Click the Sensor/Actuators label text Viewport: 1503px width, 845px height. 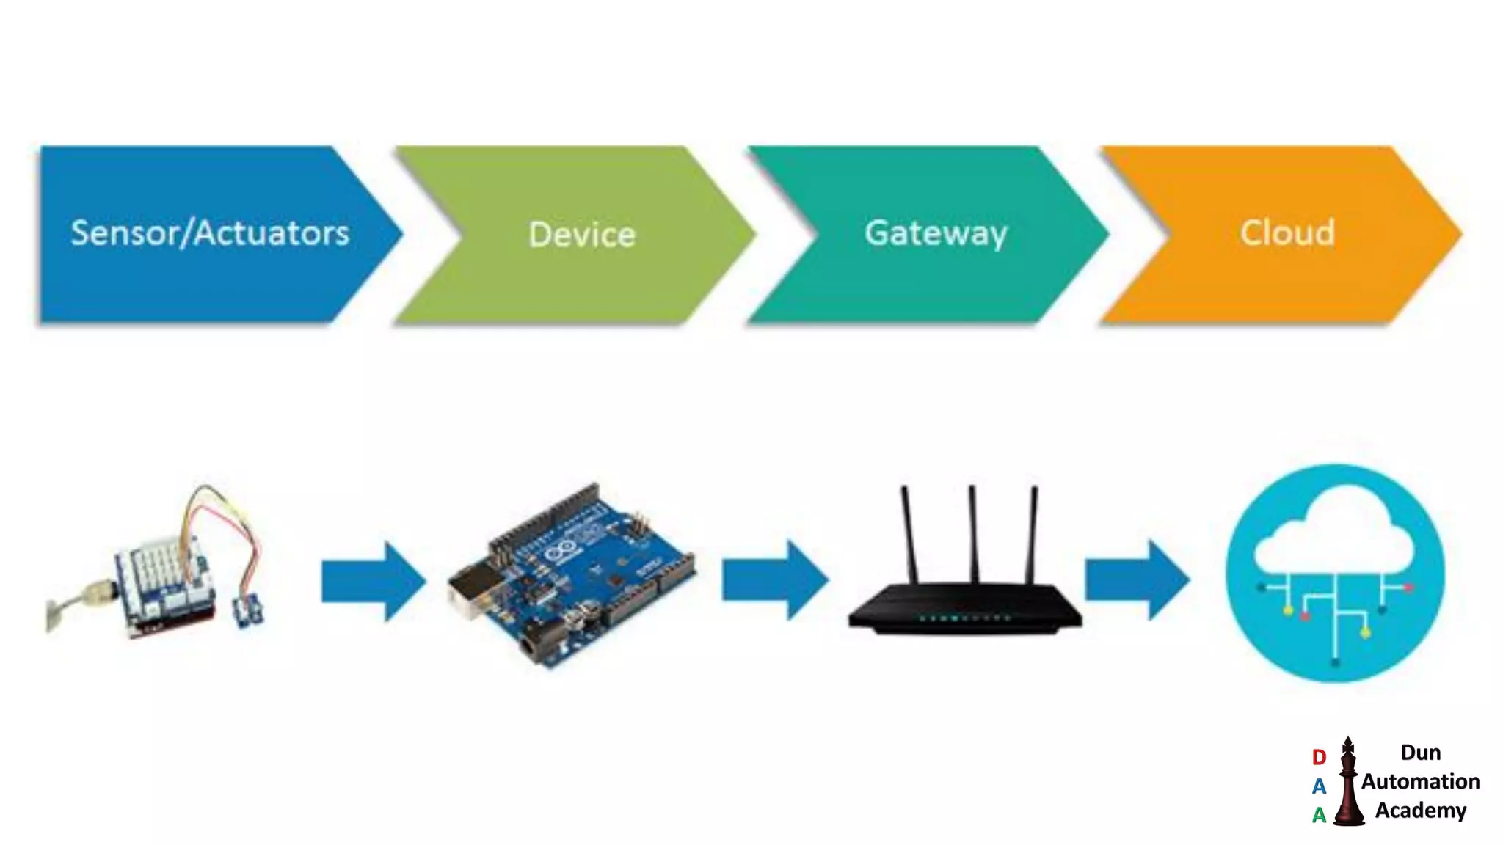click(x=210, y=233)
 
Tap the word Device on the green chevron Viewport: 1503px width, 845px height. click(x=582, y=235)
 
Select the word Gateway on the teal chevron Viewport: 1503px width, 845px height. click(x=936, y=233)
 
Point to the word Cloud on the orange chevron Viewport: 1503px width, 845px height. click(x=1287, y=233)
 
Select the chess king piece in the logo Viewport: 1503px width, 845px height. click(x=1348, y=783)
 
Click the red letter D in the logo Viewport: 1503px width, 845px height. click(x=1319, y=757)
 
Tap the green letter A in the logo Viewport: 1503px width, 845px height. click(x=1319, y=815)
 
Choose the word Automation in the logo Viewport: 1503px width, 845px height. click(x=1420, y=782)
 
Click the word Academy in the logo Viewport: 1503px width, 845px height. click(x=1420, y=811)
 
